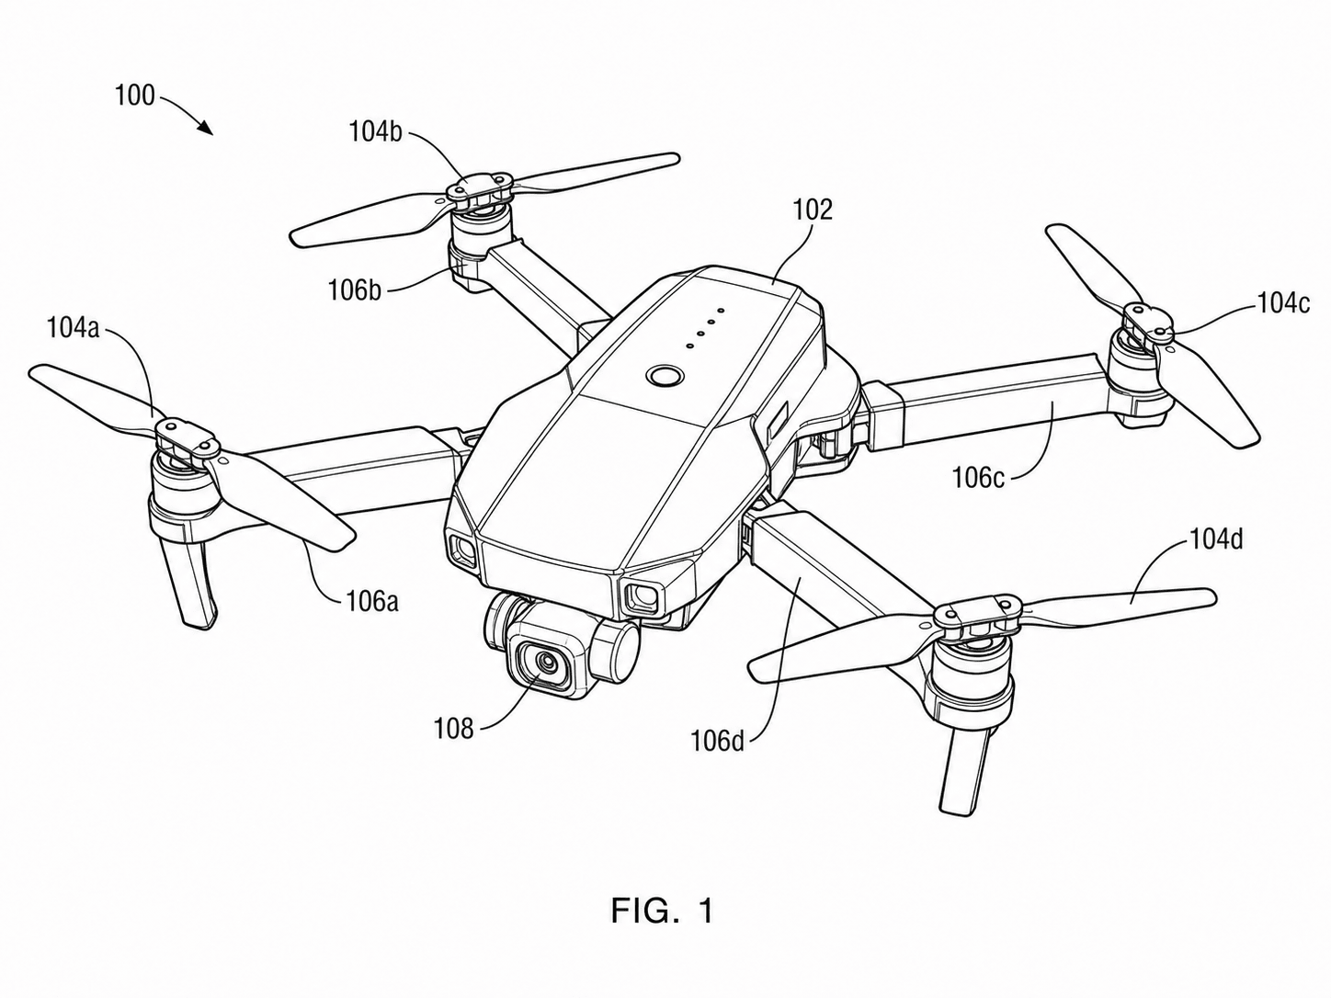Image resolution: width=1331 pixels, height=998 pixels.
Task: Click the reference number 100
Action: click(134, 96)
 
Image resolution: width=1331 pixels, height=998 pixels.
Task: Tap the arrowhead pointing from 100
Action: click(205, 127)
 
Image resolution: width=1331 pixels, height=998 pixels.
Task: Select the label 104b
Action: click(375, 132)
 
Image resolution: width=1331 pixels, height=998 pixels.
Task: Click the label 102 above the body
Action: click(813, 210)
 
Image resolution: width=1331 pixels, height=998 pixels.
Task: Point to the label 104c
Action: click(1284, 303)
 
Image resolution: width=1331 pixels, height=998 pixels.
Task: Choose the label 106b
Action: click(355, 290)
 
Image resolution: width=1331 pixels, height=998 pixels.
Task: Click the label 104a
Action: click(73, 328)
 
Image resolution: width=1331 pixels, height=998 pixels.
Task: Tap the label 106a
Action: click(372, 602)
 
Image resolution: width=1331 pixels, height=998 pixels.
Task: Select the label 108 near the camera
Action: click(453, 729)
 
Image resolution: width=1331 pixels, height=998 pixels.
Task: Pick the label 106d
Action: click(718, 741)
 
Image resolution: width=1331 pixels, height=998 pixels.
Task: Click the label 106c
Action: click(978, 478)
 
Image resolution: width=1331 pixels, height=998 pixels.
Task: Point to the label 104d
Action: click(1216, 539)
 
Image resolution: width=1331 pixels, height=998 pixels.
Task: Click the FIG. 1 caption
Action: click(662, 928)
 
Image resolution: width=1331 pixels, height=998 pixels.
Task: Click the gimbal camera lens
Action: click(546, 663)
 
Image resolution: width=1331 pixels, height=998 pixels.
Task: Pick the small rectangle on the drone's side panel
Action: click(777, 418)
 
